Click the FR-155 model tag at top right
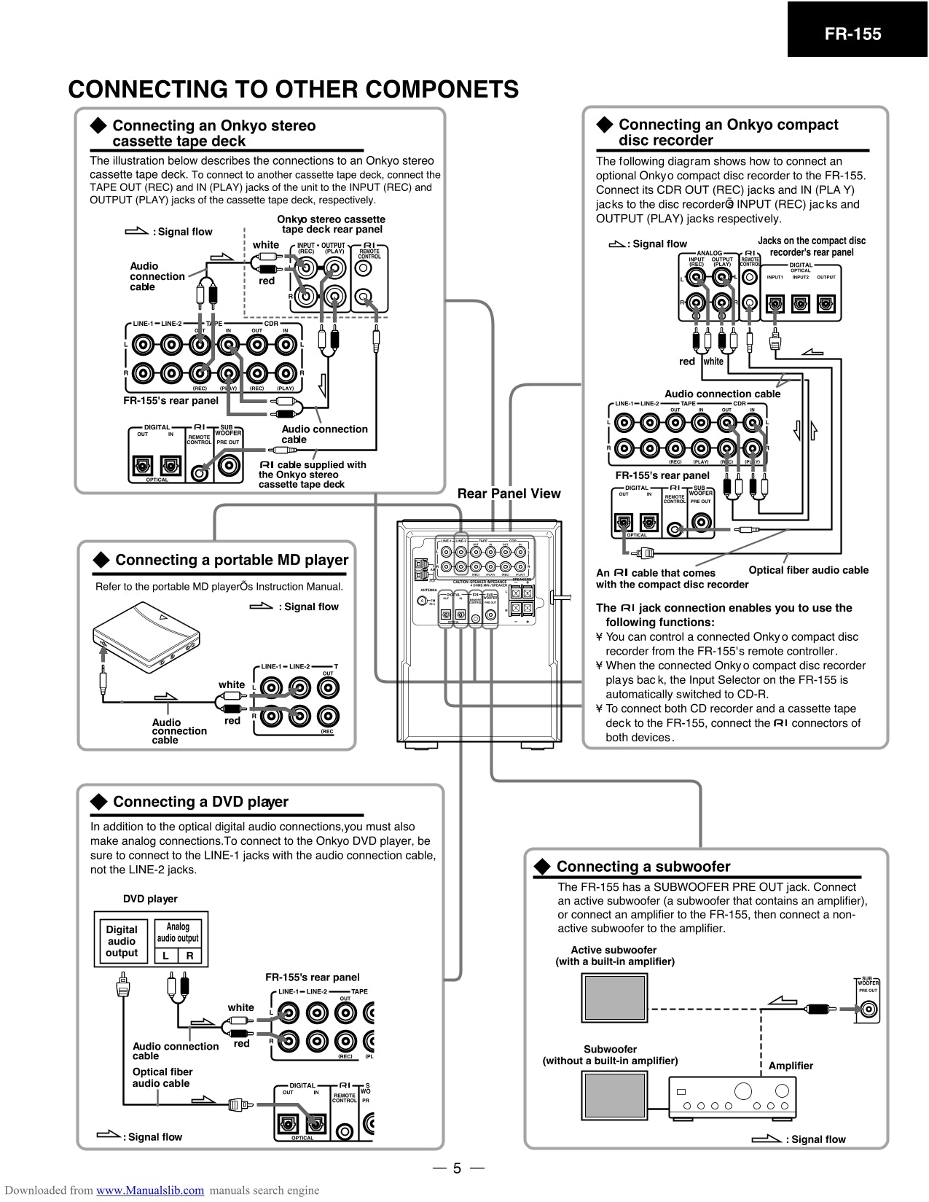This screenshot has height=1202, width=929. click(852, 34)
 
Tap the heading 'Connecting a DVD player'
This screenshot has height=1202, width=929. click(200, 802)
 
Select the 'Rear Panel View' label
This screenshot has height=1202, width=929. click(509, 493)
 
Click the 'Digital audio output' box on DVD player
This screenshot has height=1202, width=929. click(122, 940)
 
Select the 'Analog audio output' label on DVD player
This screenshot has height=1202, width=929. click(178, 932)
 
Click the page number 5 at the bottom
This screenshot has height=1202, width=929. click(457, 1168)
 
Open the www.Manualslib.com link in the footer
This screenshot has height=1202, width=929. click(150, 1190)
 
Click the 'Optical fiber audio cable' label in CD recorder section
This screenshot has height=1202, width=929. click(808, 570)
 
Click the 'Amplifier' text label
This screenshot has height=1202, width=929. click(791, 1066)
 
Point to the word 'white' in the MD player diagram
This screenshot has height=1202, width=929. click(232, 684)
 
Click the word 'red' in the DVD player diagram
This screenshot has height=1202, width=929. click(241, 1043)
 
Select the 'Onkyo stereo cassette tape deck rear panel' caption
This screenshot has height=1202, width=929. click(332, 224)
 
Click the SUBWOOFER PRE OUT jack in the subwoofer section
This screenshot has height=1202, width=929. click(869, 1010)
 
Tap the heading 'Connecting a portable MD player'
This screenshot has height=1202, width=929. click(232, 560)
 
